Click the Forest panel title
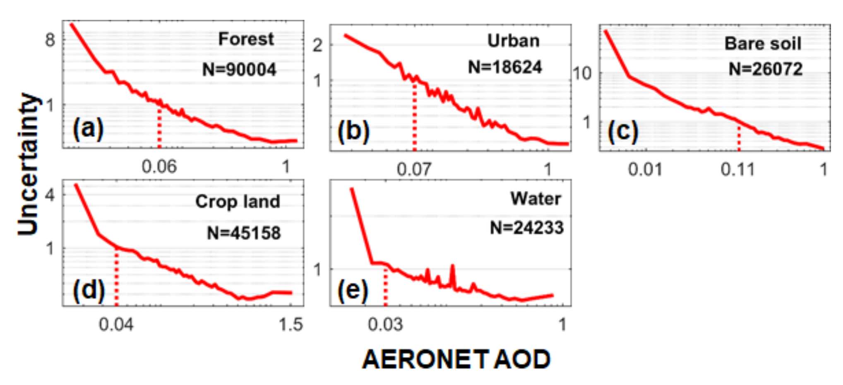[x=246, y=39]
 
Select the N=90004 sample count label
[x=239, y=69]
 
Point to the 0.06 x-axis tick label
[x=159, y=167]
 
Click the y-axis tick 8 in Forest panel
[x=50, y=40]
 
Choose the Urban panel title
[x=513, y=41]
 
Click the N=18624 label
[x=505, y=67]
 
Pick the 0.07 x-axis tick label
[x=414, y=169]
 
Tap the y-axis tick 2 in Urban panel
[x=317, y=45]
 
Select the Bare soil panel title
[x=763, y=43]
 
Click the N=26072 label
[x=766, y=69]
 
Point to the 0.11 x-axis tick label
[x=737, y=169]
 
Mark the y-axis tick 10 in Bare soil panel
[x=582, y=74]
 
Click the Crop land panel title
[x=238, y=202]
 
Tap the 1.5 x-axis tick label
[x=291, y=325]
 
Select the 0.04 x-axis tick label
[x=116, y=325]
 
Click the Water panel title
[x=536, y=199]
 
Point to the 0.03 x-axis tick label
[x=385, y=325]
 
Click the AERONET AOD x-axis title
[x=456, y=359]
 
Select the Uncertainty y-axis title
[x=28, y=164]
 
